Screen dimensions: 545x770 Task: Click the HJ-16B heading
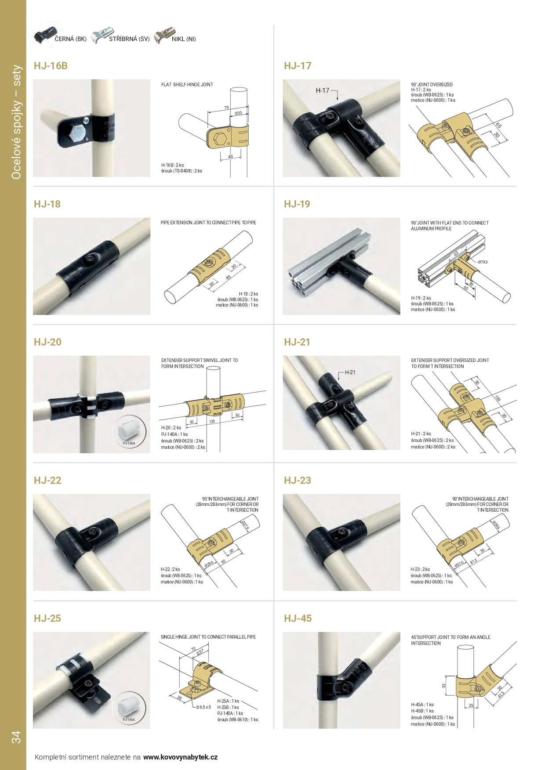(51, 66)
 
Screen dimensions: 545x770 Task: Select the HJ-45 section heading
(298, 618)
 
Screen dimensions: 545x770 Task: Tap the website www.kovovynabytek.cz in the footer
(180, 757)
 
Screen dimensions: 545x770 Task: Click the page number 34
(16, 737)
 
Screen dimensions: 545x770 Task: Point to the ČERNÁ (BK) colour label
(71, 39)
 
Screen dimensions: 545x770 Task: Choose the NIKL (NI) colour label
(184, 39)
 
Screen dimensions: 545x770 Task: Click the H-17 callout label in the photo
(322, 90)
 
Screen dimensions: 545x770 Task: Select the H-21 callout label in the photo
(350, 372)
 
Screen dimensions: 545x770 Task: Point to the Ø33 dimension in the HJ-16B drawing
(238, 113)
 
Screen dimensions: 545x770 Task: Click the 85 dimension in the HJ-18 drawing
(228, 277)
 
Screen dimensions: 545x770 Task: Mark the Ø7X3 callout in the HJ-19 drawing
(483, 262)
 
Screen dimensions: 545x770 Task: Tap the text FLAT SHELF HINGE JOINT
(187, 85)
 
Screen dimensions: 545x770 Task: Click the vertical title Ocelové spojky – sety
(16, 122)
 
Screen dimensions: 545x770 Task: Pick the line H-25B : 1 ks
(228, 707)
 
